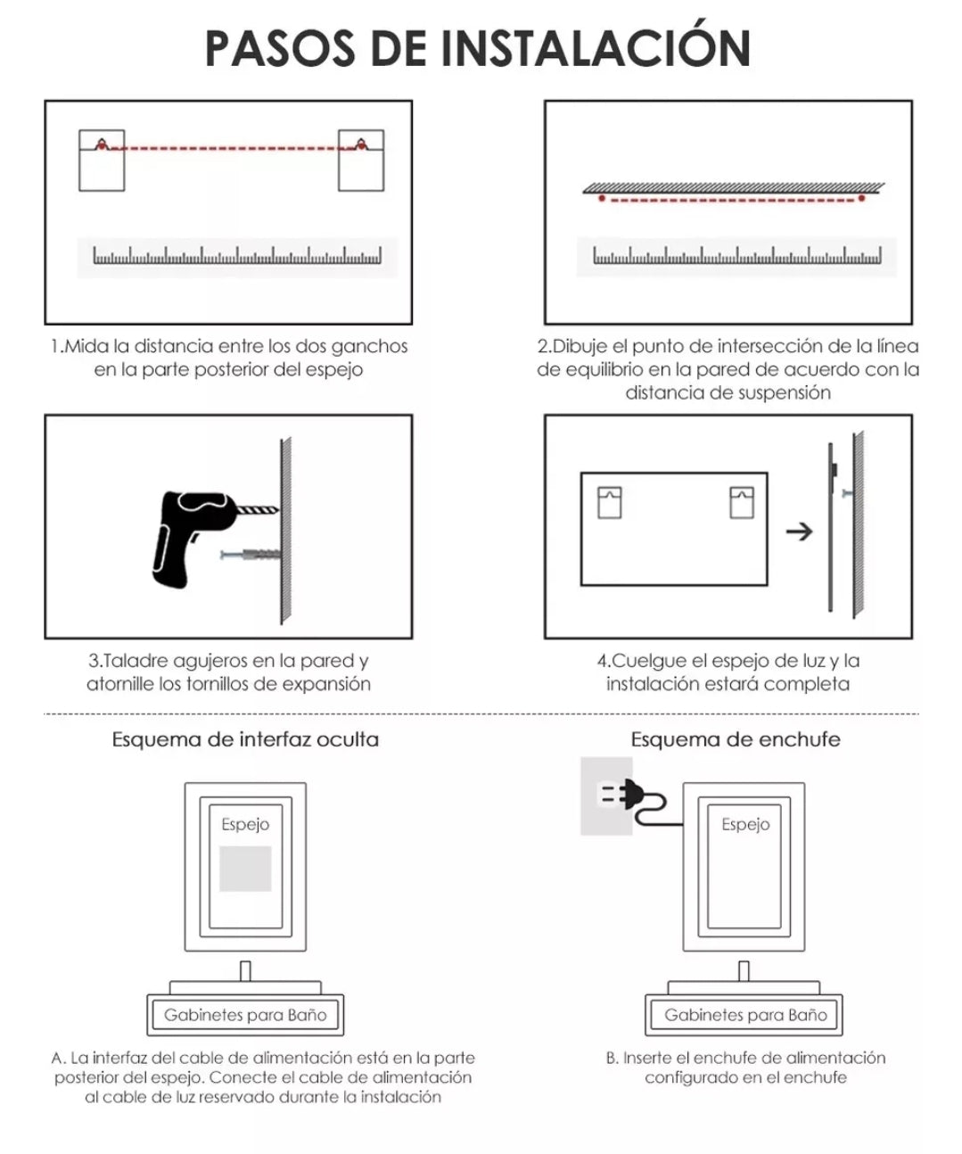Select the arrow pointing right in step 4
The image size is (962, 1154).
(799, 532)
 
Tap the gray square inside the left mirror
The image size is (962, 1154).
(245, 869)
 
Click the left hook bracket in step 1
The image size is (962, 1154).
(102, 161)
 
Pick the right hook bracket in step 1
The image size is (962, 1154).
(361, 161)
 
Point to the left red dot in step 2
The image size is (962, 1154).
(602, 198)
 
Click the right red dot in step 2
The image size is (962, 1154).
(861, 198)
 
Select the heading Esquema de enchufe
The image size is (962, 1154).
(736, 739)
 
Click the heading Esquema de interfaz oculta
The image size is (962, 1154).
(245, 739)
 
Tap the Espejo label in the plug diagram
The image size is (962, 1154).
(744, 825)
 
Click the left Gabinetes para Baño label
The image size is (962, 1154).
(245, 1015)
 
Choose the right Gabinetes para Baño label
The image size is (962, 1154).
(745, 1015)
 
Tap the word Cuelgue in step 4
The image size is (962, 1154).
(646, 661)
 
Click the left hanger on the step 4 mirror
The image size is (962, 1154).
(610, 502)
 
